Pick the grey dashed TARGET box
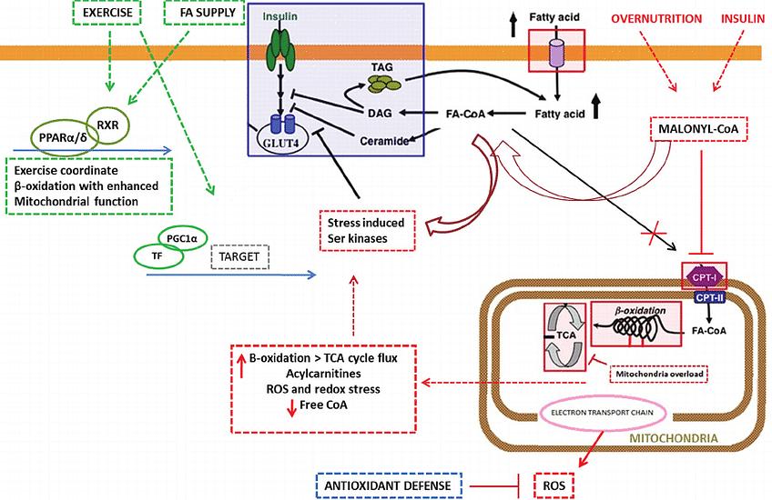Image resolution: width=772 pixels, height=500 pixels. coord(241,257)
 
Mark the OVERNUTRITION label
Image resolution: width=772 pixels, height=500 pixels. coord(655,17)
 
